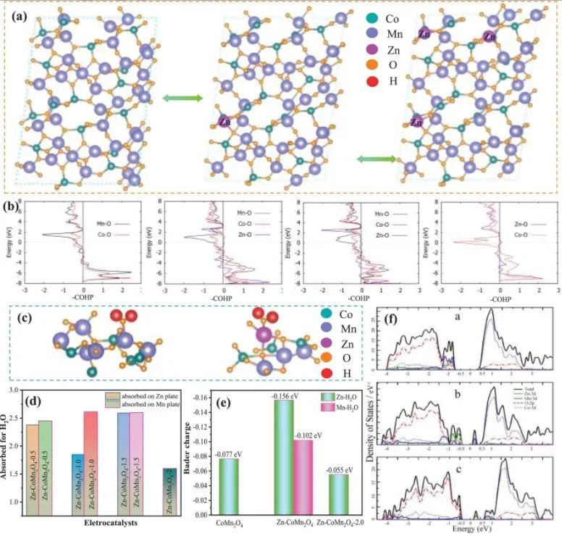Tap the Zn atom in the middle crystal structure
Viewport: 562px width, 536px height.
(x=223, y=122)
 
